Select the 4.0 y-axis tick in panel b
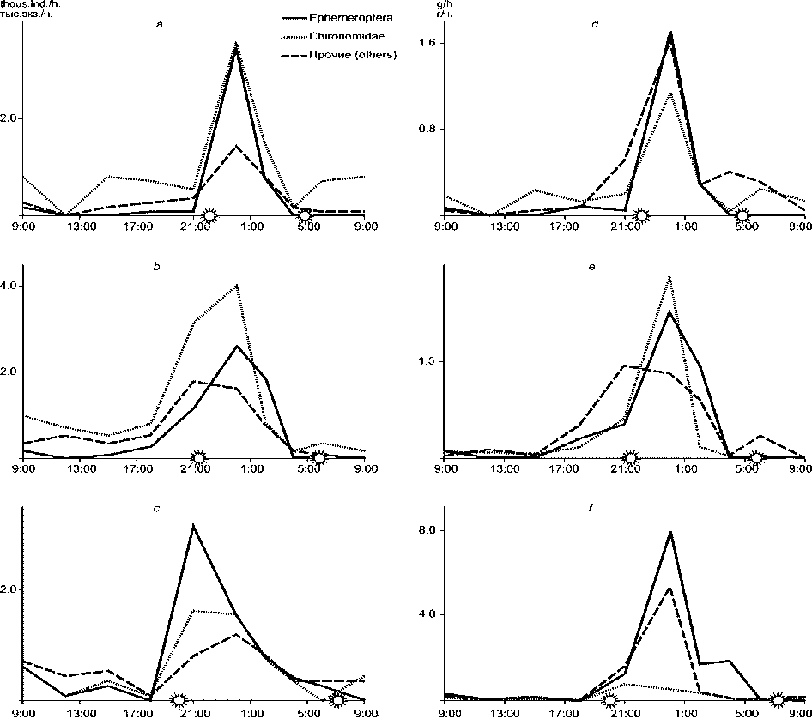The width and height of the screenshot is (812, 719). (7, 286)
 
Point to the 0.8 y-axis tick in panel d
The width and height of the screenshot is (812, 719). (428, 129)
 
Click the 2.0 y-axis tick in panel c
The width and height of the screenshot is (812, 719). (7, 589)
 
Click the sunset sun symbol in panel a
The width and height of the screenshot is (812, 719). (210, 214)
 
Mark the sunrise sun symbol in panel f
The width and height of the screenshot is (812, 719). (778, 700)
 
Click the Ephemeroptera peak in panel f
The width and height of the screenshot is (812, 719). (670, 532)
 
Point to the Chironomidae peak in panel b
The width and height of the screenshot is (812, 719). (237, 285)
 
